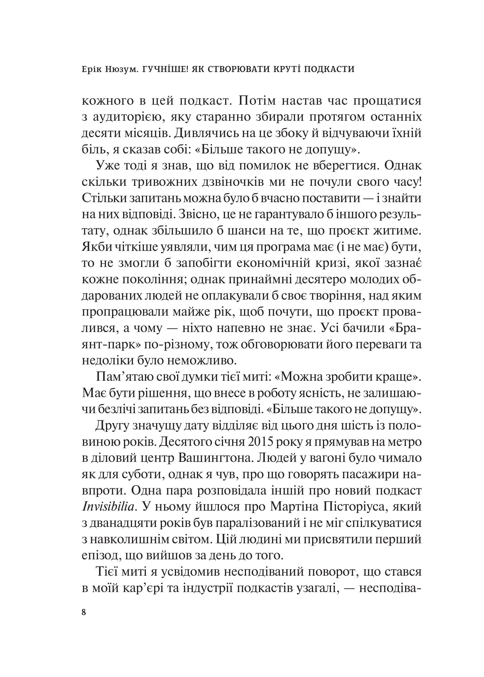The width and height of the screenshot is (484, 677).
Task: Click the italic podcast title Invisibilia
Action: [x=108, y=507]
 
